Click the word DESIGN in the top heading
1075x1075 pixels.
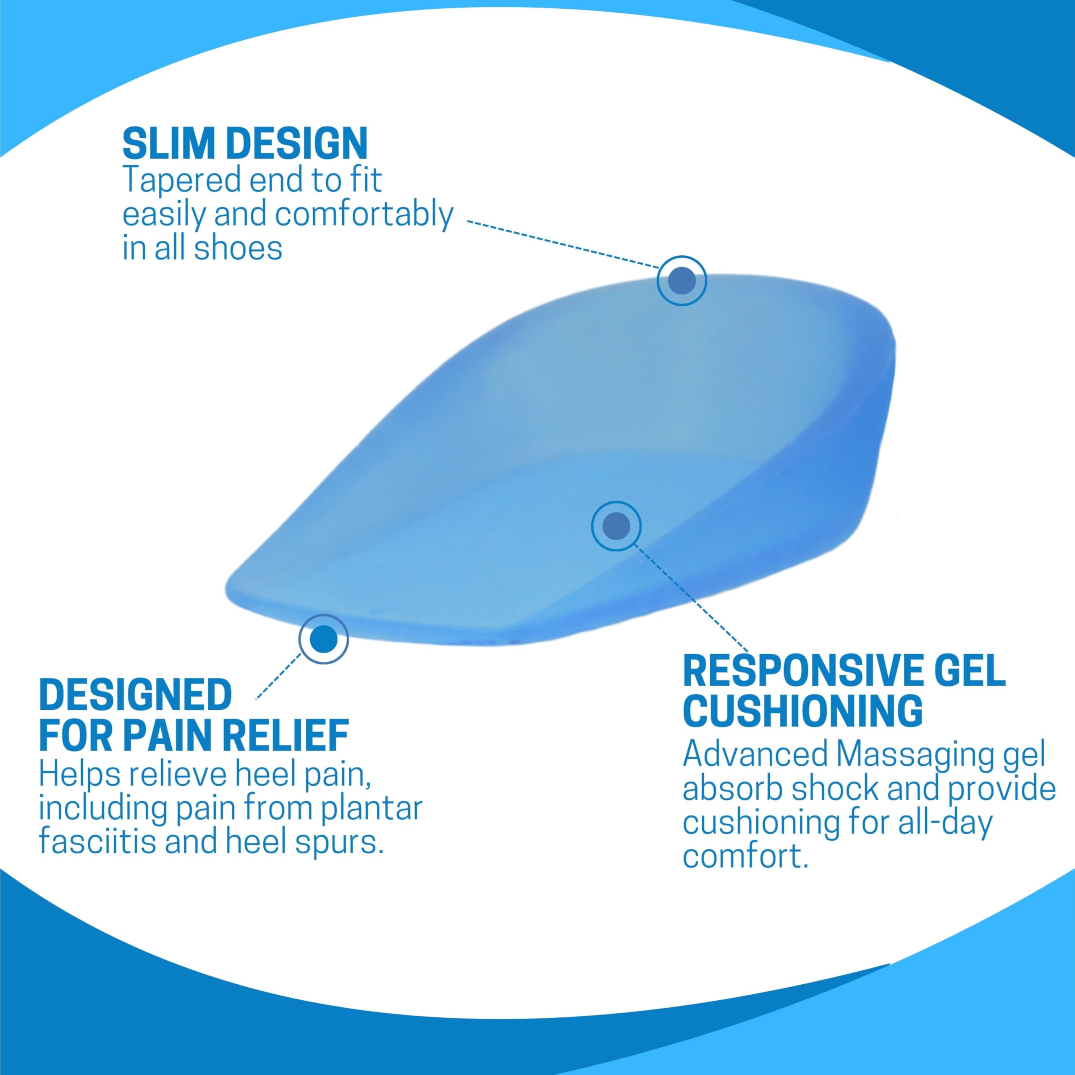point(298,144)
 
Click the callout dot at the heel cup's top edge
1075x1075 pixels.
point(682,281)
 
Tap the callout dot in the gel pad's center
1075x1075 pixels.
point(616,526)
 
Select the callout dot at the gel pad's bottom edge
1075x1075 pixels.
point(323,639)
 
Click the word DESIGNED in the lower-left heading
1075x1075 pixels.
point(135,695)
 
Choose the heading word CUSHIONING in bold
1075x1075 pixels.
point(802,710)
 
